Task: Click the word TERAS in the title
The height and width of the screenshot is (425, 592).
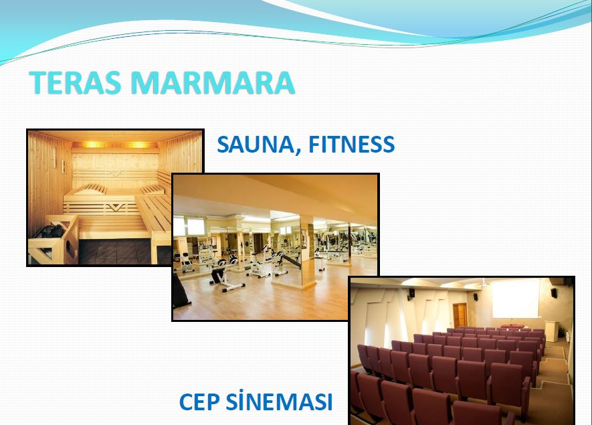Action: point(75,82)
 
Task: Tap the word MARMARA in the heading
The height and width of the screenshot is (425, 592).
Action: point(213,82)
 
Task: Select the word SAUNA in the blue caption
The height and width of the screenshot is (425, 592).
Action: point(256,145)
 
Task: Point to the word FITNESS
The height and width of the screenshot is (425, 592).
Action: point(351,145)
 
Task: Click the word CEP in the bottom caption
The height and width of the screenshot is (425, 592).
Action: point(199,402)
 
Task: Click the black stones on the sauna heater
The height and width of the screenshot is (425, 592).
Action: point(52,231)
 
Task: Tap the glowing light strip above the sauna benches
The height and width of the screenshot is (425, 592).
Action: point(115,145)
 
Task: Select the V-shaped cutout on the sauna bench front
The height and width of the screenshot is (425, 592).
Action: point(117,207)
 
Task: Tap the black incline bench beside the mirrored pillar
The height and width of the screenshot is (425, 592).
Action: point(289,260)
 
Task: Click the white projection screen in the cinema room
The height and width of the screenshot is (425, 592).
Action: point(516,299)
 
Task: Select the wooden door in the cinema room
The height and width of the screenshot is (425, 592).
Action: point(460,315)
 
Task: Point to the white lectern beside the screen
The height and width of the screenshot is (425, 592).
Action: point(551,331)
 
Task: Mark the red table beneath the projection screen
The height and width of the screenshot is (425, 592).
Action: point(512,327)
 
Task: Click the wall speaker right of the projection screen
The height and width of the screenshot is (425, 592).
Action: point(554,292)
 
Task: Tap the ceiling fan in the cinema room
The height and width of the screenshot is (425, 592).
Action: point(483,282)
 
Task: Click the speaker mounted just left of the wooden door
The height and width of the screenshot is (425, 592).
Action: point(411,293)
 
